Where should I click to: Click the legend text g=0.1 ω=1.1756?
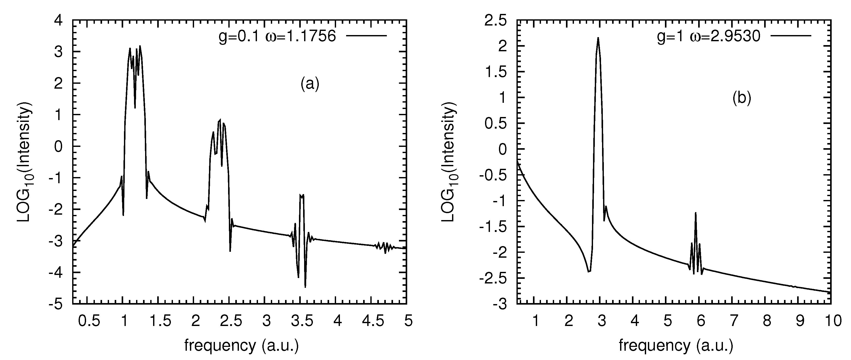click(277, 36)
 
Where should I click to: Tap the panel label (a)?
click(310, 84)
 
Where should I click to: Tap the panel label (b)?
click(742, 98)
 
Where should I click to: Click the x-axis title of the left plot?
click(241, 346)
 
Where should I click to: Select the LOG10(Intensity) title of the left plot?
click(26, 162)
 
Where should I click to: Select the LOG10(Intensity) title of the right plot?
click(450, 162)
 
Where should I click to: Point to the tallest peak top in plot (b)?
click(598, 38)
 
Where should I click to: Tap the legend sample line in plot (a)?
click(366, 35)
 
